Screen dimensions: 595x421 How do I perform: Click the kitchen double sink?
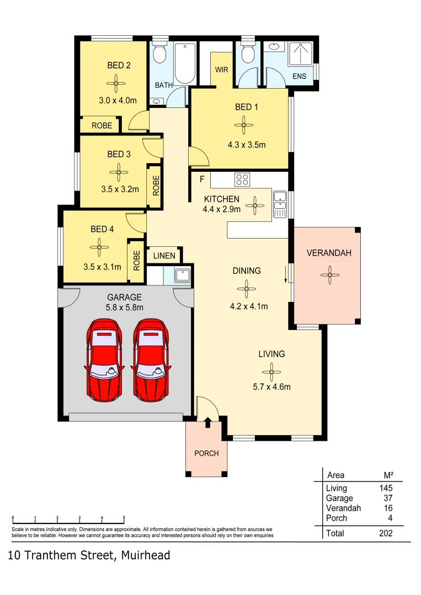point(280,203)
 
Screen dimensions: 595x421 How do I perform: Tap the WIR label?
point(221,70)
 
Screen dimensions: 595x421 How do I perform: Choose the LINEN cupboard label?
point(164,256)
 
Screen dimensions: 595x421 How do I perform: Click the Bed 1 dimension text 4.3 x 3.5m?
point(247,145)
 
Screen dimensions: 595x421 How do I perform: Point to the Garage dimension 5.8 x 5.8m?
point(125,307)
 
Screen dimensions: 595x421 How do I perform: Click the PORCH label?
point(206,453)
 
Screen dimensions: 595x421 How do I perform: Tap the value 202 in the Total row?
point(385,533)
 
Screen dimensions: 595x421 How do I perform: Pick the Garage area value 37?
point(387,498)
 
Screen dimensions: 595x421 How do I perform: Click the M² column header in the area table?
point(388,475)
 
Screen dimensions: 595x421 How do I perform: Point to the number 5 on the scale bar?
point(124,518)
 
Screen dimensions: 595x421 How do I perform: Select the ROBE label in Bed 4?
point(136,261)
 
